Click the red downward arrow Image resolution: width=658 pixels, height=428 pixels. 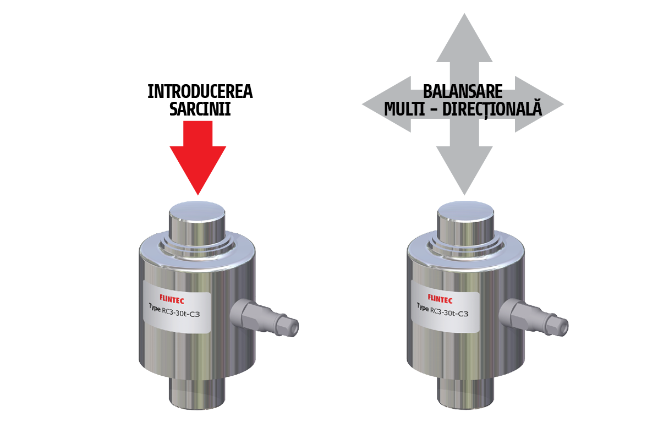click(198, 157)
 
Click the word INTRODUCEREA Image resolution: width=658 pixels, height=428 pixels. click(200, 91)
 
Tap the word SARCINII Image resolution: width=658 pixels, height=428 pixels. click(200, 109)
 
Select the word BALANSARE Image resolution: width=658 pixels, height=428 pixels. click(463, 91)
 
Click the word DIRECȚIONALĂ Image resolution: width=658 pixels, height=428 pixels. click(492, 109)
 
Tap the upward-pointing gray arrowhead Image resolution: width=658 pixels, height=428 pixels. click(464, 38)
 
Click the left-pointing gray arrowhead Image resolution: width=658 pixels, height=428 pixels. click(386, 104)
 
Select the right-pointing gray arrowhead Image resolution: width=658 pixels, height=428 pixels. click(539, 104)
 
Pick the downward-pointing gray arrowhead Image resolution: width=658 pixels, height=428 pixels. click(464, 171)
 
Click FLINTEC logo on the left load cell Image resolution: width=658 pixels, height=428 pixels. click(171, 299)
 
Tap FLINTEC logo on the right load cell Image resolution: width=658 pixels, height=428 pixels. click(440, 299)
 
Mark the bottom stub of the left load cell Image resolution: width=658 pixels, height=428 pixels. click(197, 392)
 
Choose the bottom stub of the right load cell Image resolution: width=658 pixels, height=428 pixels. click(465, 392)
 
